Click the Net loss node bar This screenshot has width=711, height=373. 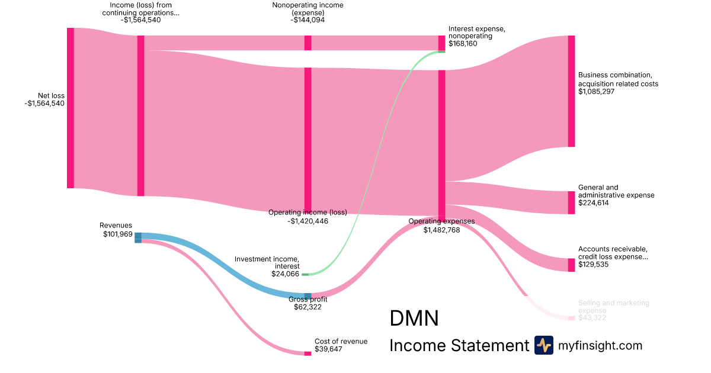[71, 108]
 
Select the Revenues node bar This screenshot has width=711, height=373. [138, 237]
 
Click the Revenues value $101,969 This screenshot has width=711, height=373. [117, 234]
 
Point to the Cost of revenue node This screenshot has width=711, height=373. [308, 353]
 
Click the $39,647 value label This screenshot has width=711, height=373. [328, 349]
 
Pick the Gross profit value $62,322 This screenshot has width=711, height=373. [308, 307]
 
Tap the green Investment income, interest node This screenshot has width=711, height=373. [305, 274]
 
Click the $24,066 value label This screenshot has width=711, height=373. [286, 274]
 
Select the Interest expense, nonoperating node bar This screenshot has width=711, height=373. [441, 43]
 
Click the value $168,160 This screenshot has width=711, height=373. [463, 44]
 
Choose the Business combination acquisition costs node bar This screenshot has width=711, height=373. [571, 91]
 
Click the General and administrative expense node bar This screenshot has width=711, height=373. [571, 202]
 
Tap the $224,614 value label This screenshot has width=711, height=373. [594, 203]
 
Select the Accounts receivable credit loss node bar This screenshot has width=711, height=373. [571, 265]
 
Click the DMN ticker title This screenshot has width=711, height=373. [414, 319]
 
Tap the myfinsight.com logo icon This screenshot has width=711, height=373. [543, 345]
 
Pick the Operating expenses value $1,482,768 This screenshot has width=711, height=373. [441, 230]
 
